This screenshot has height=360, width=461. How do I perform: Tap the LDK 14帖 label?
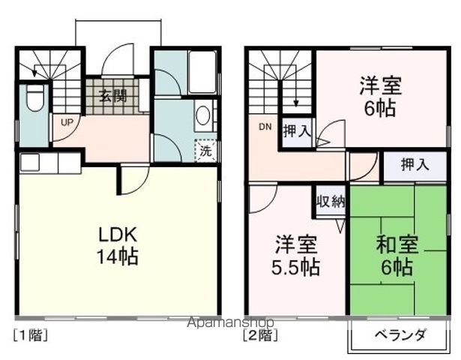click(x=116, y=245)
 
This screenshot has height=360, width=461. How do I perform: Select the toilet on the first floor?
click(x=34, y=97)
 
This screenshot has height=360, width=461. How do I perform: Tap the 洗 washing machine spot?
click(x=205, y=150)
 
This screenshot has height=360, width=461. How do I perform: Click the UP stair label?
click(x=67, y=121)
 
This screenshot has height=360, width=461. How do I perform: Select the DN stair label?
click(x=265, y=127)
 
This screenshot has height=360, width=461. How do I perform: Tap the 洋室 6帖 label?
click(x=380, y=96)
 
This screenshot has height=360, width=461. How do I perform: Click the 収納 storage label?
click(x=330, y=201)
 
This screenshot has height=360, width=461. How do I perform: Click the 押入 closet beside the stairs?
click(x=297, y=131)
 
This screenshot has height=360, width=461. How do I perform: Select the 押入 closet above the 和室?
click(x=415, y=165)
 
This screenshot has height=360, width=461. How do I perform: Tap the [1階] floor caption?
click(x=31, y=335)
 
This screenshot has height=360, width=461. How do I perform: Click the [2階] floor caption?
click(x=259, y=335)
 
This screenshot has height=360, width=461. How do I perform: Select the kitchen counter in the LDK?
click(x=49, y=162)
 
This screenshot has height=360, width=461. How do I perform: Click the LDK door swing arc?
click(x=133, y=178)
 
